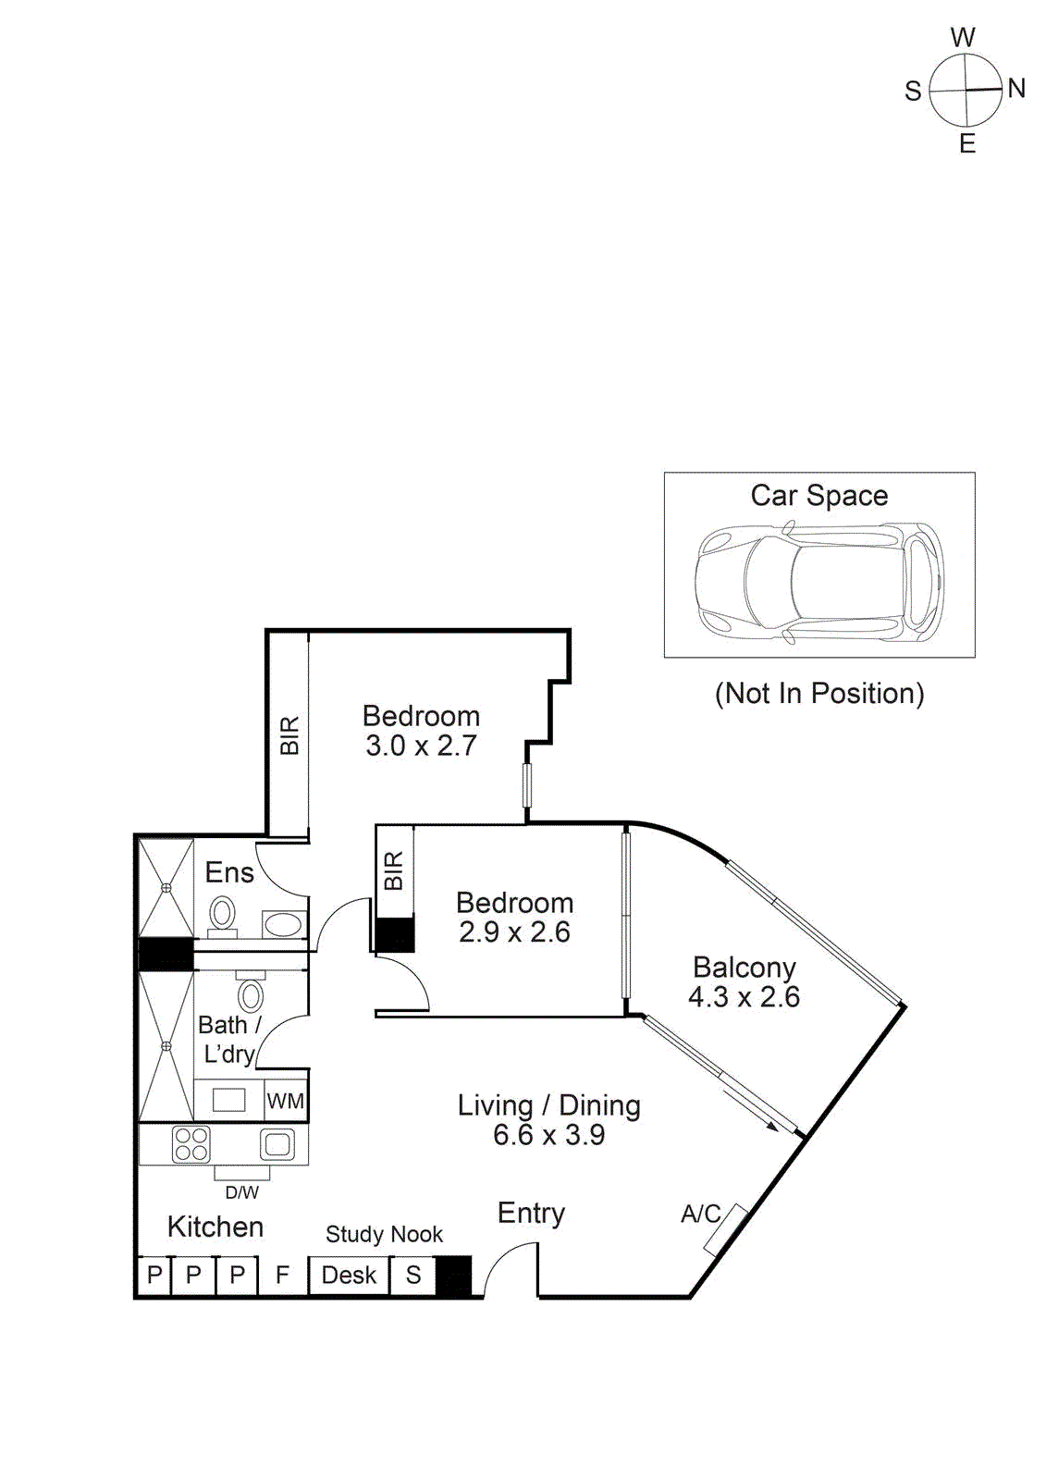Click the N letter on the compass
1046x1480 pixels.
coord(1016,88)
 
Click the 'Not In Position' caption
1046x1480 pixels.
coord(819,693)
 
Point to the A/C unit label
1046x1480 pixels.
coord(700,1214)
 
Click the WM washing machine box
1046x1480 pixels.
coord(286,1101)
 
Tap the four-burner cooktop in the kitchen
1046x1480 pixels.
coord(191,1144)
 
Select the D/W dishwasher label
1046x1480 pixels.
coord(242,1192)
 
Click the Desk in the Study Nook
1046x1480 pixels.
coord(349,1275)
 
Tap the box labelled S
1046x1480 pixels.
coord(413,1275)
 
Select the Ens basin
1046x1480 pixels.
coord(284,924)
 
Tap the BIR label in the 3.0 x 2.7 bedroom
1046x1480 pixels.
coord(289,734)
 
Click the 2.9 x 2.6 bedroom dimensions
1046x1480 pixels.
coord(515,932)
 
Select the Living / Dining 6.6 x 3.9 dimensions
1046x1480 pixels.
coord(549,1135)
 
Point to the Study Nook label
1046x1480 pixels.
coord(384,1234)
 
